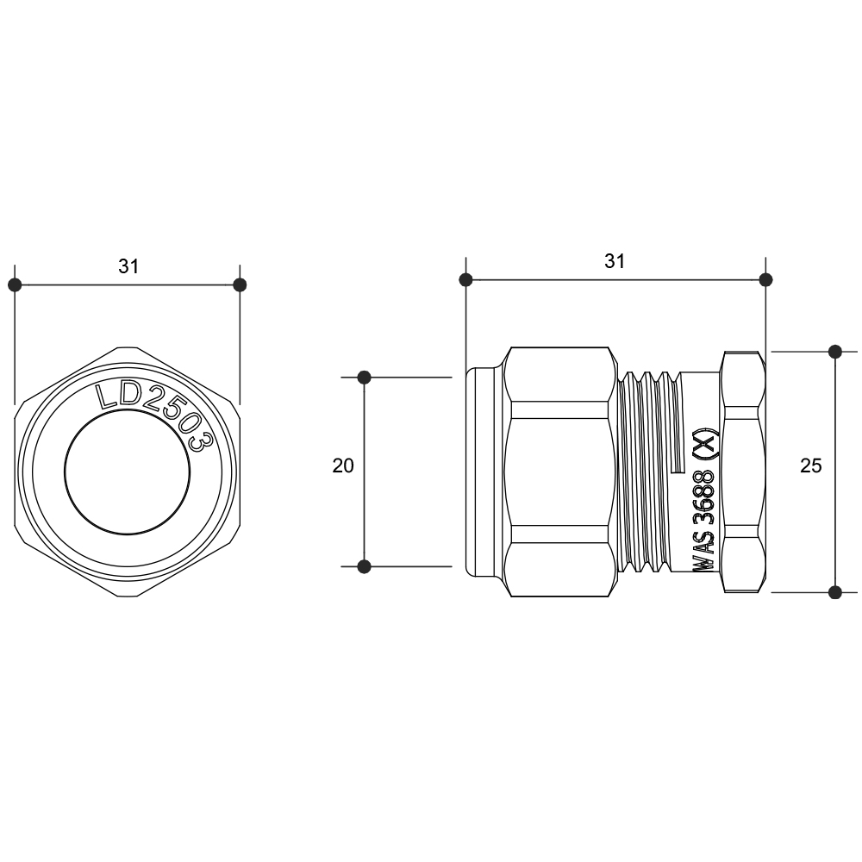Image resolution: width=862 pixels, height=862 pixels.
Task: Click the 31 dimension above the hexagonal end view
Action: point(128,266)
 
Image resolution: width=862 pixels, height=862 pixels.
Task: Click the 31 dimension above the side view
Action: point(615,262)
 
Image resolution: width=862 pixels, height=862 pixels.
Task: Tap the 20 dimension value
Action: point(343,466)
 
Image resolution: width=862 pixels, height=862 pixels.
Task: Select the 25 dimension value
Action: point(811,466)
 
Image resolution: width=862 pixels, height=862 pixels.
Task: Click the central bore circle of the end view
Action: point(128,472)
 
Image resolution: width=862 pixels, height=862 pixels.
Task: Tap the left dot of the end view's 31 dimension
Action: point(15,284)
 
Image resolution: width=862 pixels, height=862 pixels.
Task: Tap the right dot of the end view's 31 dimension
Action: point(240,284)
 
